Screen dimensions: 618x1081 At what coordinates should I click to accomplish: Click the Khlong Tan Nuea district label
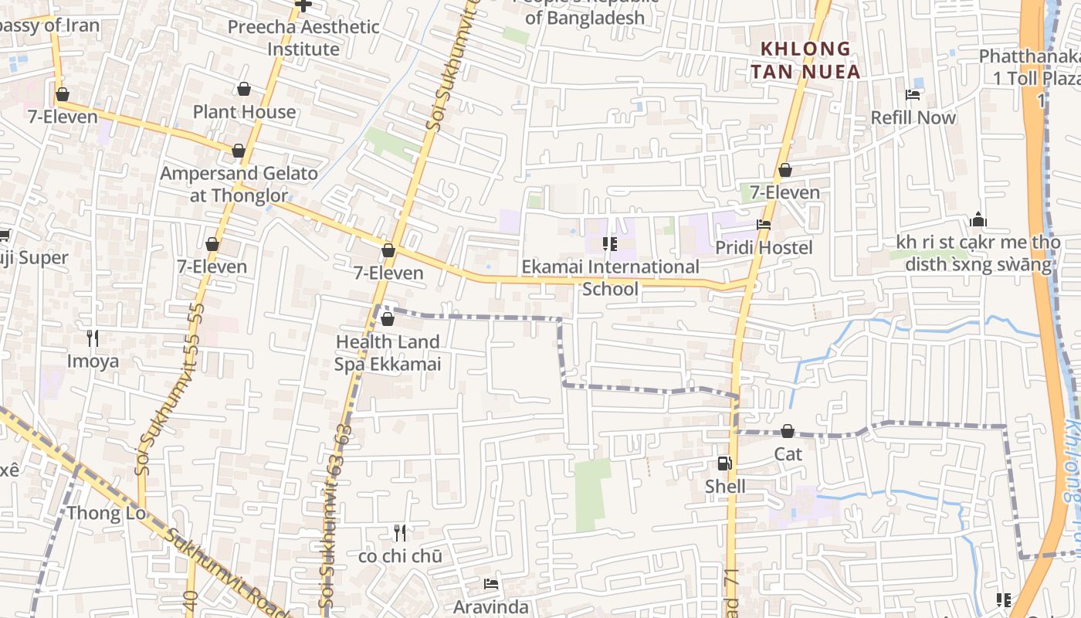(x=810, y=60)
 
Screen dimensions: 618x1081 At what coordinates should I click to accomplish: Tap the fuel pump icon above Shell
(x=724, y=463)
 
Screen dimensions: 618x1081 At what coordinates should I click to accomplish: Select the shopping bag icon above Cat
(x=788, y=431)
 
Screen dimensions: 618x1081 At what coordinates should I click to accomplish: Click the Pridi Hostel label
(x=763, y=247)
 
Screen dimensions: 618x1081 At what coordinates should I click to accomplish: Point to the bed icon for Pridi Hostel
(x=764, y=225)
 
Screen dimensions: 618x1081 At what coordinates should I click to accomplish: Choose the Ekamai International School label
(x=610, y=277)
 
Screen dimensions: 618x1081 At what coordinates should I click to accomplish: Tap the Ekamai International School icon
(x=610, y=245)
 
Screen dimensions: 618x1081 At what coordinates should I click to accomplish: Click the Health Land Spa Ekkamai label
(x=388, y=352)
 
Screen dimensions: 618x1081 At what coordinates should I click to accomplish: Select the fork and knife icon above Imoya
(x=93, y=338)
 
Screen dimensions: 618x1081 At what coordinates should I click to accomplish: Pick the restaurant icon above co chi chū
(x=400, y=532)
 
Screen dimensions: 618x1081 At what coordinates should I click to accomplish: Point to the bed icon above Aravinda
(x=490, y=584)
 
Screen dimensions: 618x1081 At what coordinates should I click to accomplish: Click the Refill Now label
(x=913, y=117)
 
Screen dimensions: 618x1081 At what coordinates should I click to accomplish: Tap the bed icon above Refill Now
(x=913, y=95)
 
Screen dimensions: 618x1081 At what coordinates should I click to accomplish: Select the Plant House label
(x=244, y=111)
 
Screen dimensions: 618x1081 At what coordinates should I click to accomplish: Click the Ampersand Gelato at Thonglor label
(x=239, y=184)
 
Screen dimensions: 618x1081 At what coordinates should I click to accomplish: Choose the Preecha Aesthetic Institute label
(x=303, y=38)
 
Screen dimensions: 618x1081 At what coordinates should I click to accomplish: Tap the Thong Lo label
(x=106, y=513)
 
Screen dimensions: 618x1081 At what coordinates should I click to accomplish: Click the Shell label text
(x=725, y=486)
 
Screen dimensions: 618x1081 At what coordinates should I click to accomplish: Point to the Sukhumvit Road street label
(x=224, y=572)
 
